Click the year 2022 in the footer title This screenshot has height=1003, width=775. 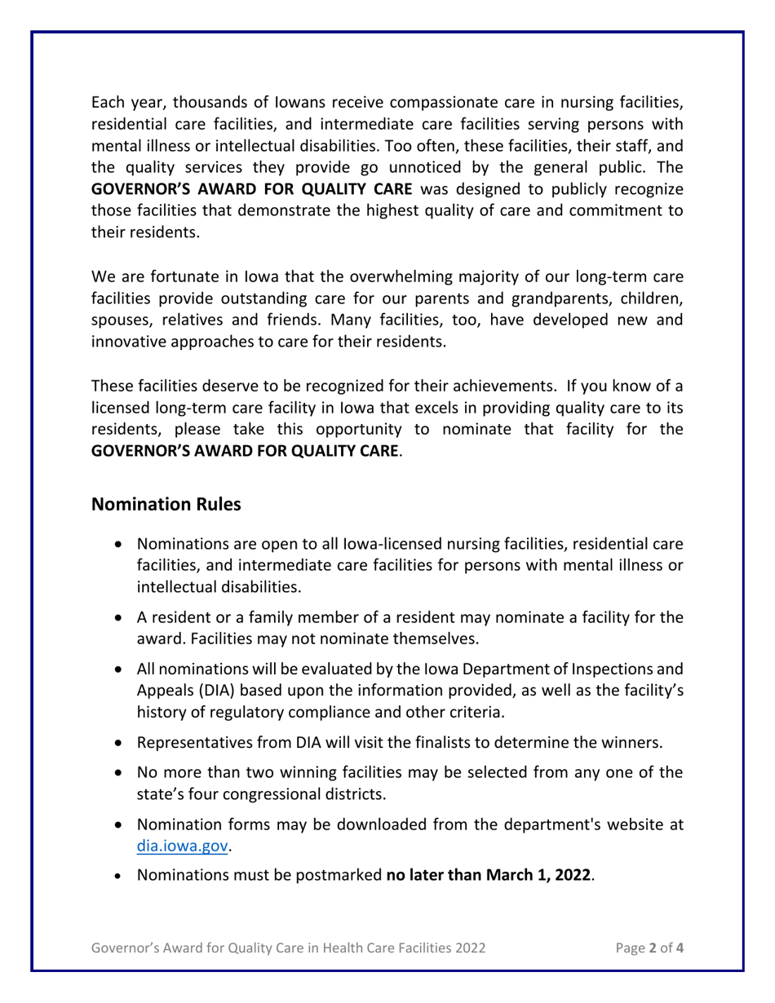(x=471, y=948)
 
